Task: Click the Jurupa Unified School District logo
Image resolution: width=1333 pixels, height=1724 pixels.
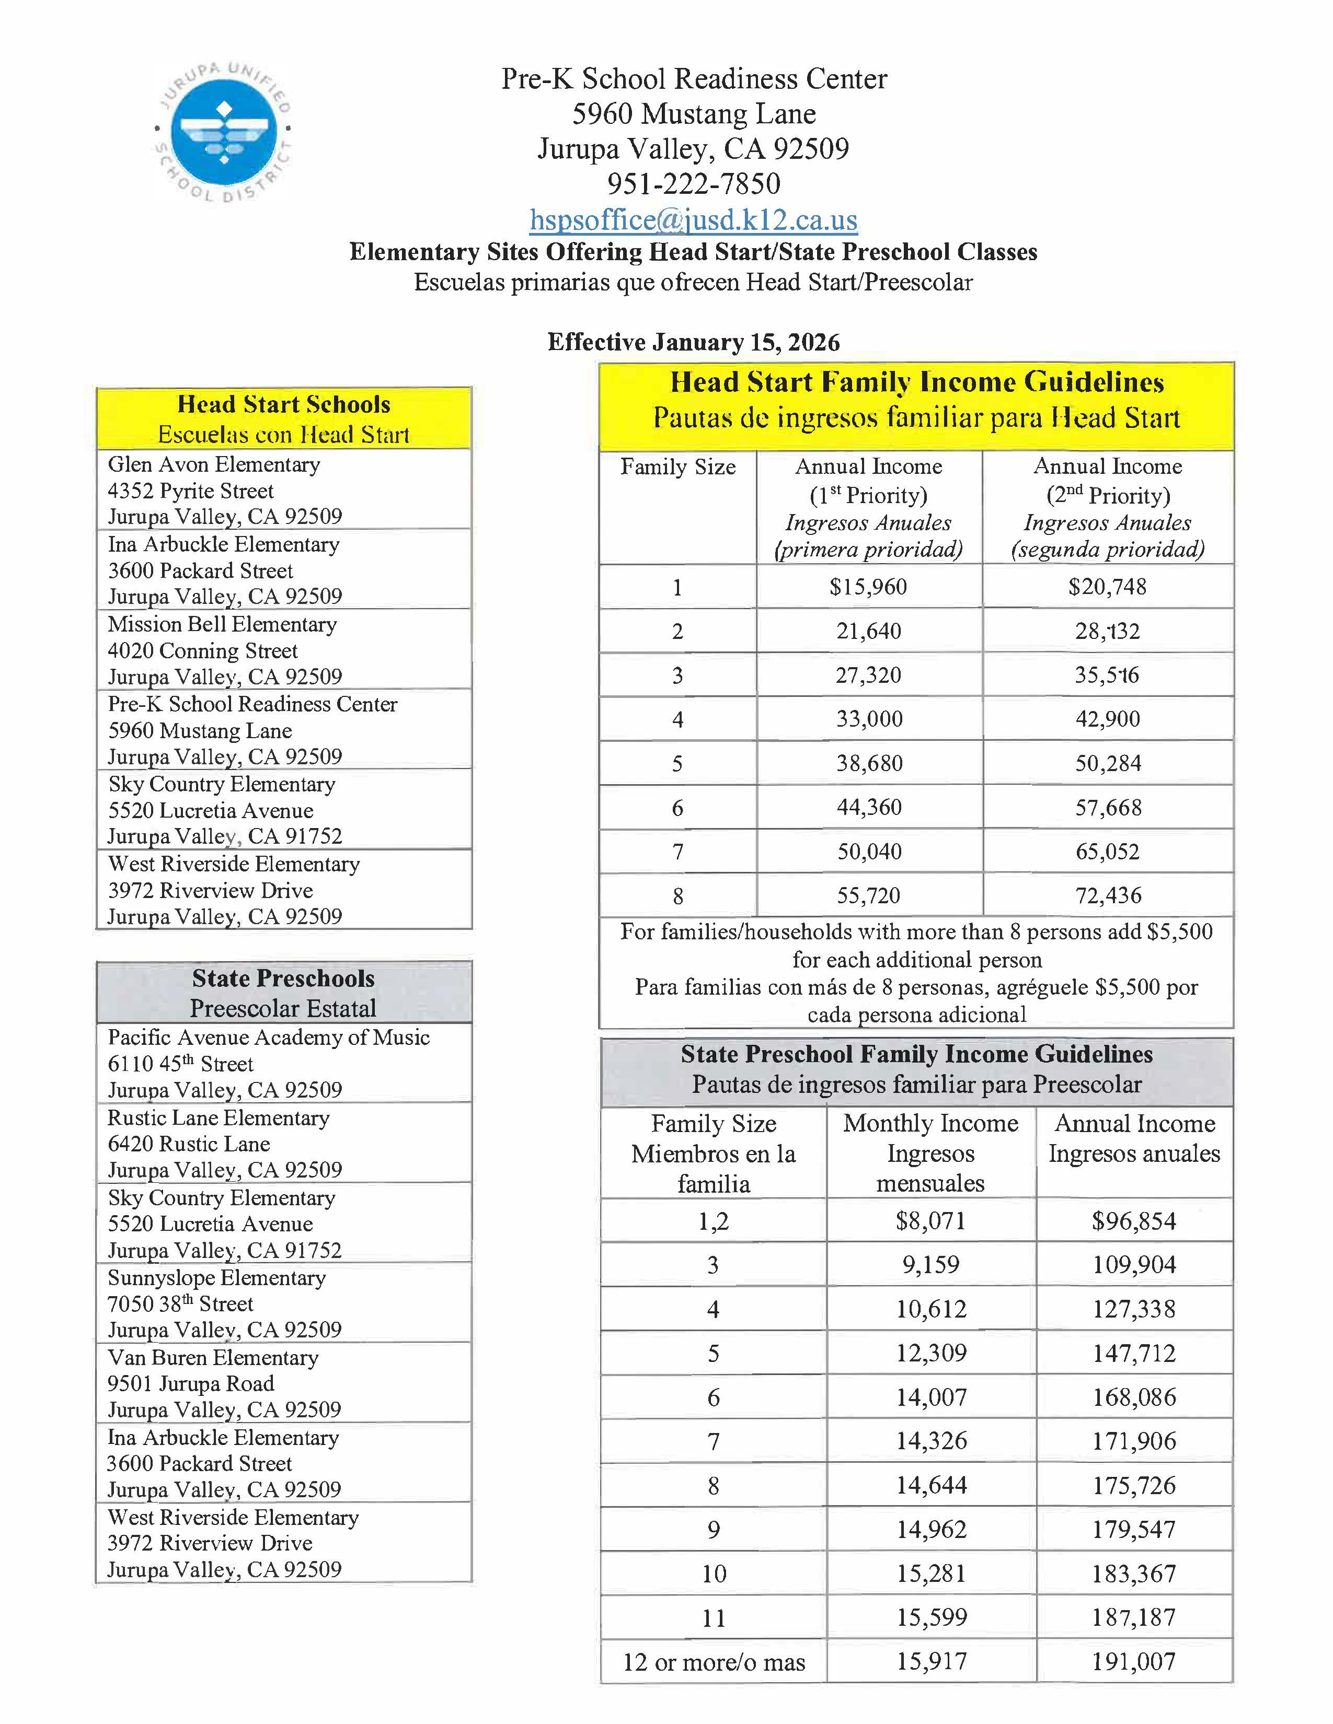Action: tap(224, 130)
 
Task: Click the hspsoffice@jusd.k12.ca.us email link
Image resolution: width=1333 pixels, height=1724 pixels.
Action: tap(693, 219)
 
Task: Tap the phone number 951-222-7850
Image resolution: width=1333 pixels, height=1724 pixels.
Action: tap(693, 184)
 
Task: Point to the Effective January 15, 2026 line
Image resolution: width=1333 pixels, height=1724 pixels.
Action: tap(693, 342)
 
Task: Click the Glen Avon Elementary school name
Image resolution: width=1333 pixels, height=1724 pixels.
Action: tap(214, 464)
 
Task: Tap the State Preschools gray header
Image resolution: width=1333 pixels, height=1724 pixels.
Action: tap(283, 992)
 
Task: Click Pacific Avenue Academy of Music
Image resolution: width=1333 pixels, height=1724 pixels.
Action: tap(269, 1037)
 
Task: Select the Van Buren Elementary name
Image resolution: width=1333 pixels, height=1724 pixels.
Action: tap(213, 1358)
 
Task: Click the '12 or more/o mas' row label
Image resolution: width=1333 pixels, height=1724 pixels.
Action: tap(713, 1662)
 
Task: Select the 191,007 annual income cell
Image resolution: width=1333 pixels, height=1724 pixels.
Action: tap(1134, 1662)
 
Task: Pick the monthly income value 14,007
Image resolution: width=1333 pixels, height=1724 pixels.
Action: tap(930, 1397)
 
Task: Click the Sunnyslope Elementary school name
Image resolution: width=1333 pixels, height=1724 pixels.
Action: tap(216, 1277)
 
